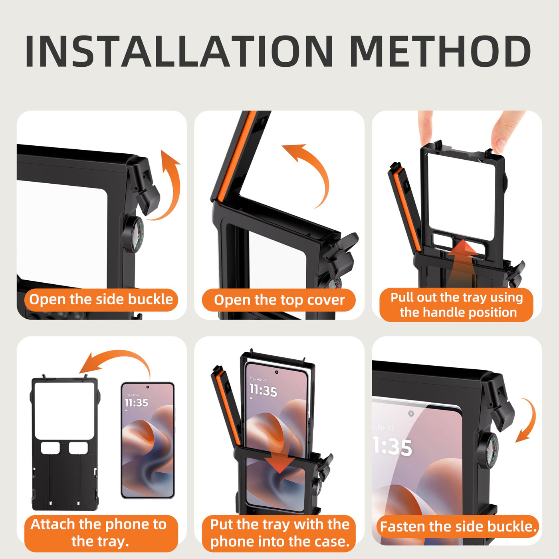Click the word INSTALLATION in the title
click(x=179, y=52)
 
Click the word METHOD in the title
click(x=441, y=52)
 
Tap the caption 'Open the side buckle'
click(x=101, y=299)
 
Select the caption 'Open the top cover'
click(x=279, y=300)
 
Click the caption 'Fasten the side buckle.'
click(x=458, y=527)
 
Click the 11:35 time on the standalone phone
click(x=136, y=402)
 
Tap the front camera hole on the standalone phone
click(x=148, y=387)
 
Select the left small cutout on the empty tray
click(x=50, y=448)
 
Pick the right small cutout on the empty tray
click(x=78, y=448)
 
